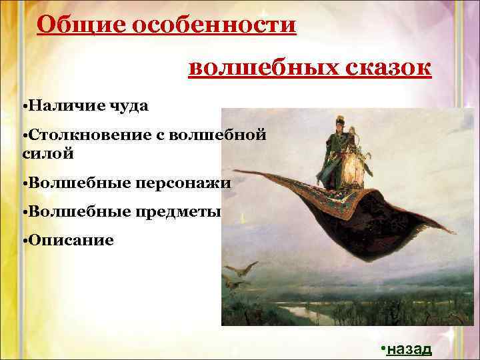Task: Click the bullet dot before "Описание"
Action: coord(24,241)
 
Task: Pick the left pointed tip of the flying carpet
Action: coord(230,175)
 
